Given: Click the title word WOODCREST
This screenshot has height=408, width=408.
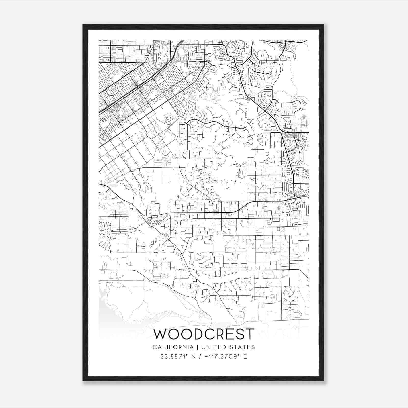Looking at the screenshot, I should (204, 334).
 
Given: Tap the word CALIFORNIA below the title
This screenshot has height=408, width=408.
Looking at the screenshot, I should (173, 347).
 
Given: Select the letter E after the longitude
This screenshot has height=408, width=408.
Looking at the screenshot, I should (245, 356).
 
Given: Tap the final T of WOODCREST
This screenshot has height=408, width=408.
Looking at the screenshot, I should (250, 334).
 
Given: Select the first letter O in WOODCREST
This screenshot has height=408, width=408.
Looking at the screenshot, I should (173, 334).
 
